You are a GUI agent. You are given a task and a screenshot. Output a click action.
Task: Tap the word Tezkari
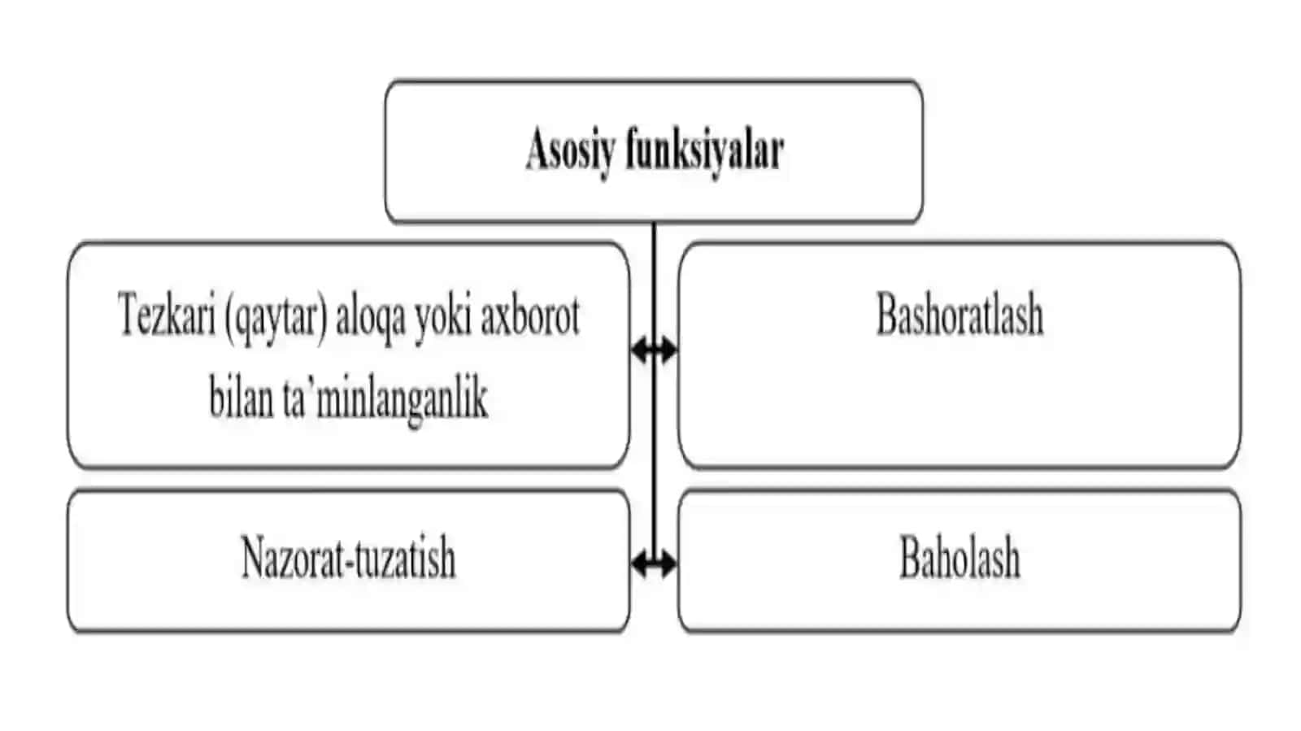(x=166, y=315)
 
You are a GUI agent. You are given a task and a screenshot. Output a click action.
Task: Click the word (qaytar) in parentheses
(x=276, y=318)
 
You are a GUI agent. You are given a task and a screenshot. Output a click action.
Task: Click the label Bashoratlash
(x=959, y=315)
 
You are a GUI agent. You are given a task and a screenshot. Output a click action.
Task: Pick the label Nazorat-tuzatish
(x=348, y=557)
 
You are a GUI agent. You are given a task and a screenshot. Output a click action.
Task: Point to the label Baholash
(x=959, y=557)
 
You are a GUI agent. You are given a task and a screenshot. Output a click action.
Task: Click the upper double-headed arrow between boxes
(x=654, y=350)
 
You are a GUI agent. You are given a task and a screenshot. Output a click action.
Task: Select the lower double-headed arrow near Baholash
(x=654, y=563)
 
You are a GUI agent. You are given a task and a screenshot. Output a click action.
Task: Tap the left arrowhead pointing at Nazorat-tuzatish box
(x=639, y=563)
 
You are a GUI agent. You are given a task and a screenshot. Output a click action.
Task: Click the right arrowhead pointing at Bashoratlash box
(x=669, y=350)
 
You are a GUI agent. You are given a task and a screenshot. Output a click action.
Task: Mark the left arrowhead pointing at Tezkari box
(x=639, y=350)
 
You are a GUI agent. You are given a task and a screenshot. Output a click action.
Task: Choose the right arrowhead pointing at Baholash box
(x=669, y=563)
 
